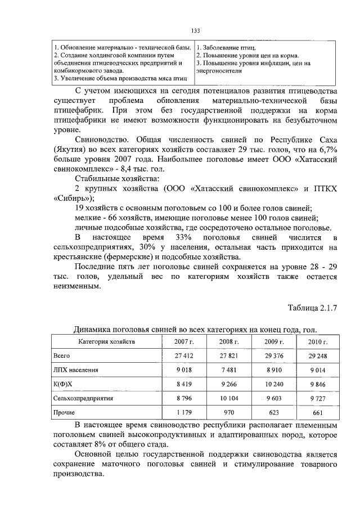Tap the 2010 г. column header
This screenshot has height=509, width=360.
(318, 341)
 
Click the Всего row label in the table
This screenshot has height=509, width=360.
(61, 355)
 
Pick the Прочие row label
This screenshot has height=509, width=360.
(64, 412)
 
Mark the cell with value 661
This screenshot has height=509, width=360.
(318, 412)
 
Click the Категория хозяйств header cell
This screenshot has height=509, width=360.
(106, 341)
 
